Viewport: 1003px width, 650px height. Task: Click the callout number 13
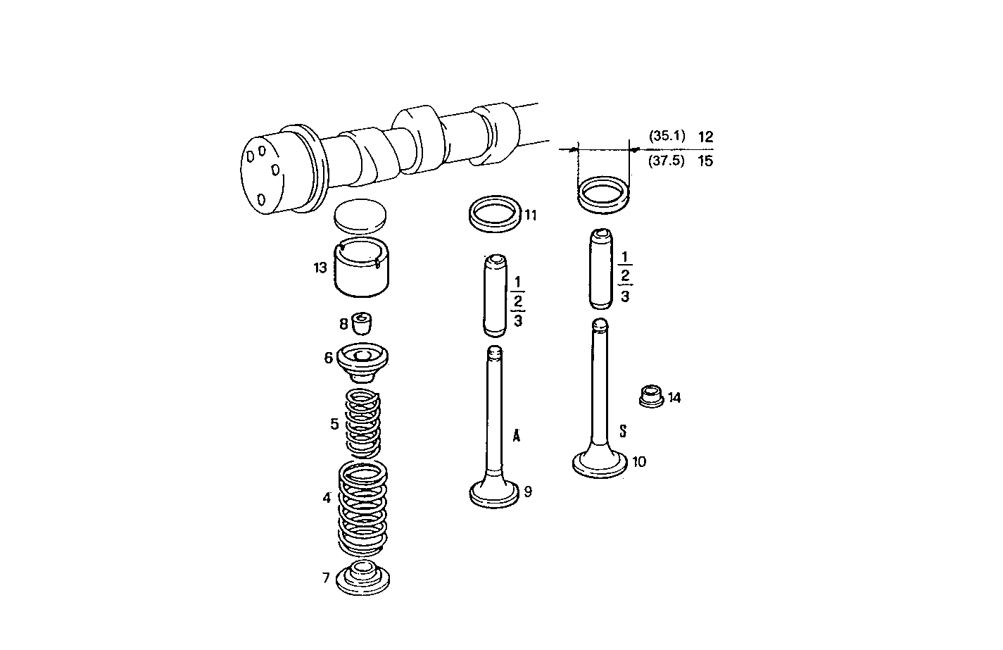(x=320, y=268)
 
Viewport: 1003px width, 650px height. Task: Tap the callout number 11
(x=531, y=215)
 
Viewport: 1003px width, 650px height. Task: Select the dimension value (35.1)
(x=666, y=137)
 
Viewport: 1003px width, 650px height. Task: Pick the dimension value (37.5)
(x=666, y=161)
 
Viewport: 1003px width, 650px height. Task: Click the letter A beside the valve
(x=517, y=435)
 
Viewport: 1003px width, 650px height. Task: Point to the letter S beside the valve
(x=623, y=430)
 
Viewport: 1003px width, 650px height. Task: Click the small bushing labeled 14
(x=650, y=397)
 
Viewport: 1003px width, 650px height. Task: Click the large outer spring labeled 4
(x=363, y=506)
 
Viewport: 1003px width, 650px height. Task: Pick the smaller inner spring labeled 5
(x=363, y=424)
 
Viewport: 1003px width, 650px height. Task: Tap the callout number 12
(x=705, y=137)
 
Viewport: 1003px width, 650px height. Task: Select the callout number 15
(x=705, y=161)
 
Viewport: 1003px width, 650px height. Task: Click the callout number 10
(x=639, y=462)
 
